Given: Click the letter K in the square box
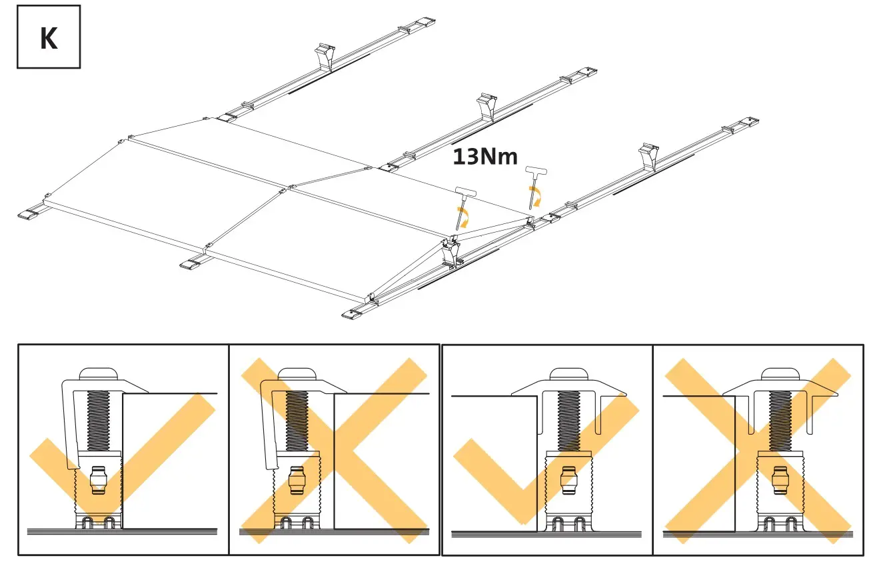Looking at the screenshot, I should click(x=49, y=38).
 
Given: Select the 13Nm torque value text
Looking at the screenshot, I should click(x=484, y=157).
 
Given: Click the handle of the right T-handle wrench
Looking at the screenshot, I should click(x=536, y=172).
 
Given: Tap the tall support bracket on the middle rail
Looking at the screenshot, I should click(x=487, y=107).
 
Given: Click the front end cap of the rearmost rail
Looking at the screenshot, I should click(x=29, y=215).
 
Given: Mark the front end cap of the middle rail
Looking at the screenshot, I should click(x=191, y=264).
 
